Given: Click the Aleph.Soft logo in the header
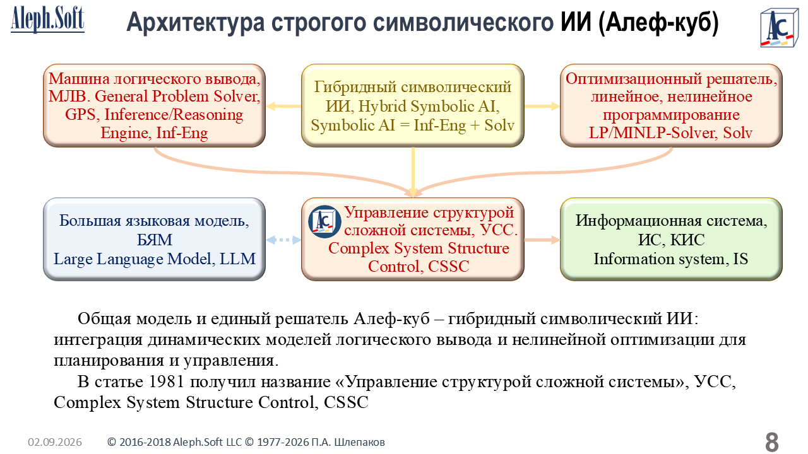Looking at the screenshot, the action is point(47,19).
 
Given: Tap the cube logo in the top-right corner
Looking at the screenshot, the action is point(779,28).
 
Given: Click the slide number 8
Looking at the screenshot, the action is point(771,441).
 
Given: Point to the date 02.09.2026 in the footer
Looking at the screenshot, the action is point(55,442).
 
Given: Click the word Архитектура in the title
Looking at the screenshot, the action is point(196,22).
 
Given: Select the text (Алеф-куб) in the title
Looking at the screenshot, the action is point(658,22).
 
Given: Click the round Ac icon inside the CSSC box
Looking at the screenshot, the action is point(324,221).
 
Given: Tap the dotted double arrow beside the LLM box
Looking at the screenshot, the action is point(283,240).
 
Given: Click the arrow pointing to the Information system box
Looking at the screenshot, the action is point(542,240).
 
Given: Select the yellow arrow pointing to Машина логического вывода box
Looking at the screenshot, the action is point(283,106).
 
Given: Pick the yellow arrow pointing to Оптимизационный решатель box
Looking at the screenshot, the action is point(542,106).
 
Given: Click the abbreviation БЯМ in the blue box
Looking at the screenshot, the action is point(155,240).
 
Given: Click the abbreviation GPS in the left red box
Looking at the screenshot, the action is point(81,115).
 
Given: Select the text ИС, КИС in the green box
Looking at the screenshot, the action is point(671,240).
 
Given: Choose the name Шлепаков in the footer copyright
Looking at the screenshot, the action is point(359,442).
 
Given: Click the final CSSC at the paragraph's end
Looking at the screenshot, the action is point(346,402).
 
